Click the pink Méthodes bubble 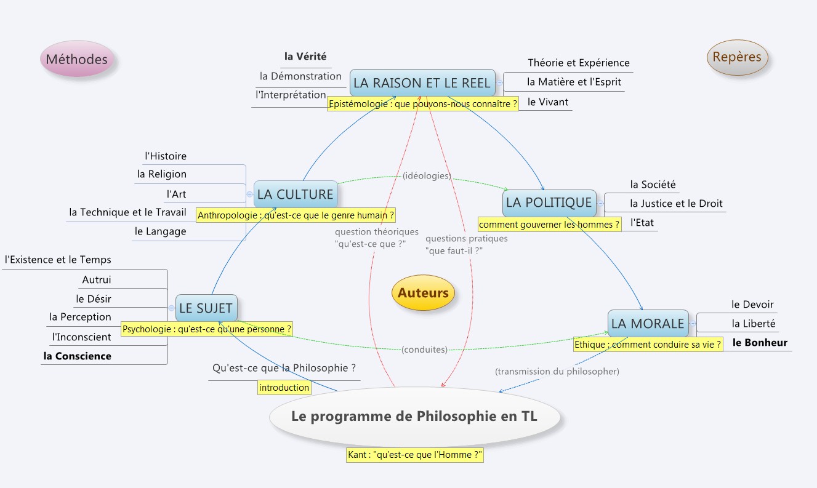pyautogui.click(x=77, y=60)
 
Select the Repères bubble pyautogui.click(x=737, y=57)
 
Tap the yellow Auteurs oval pyautogui.click(x=423, y=293)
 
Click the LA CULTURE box pyautogui.click(x=296, y=194)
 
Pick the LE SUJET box pyautogui.click(x=206, y=308)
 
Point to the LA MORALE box pyautogui.click(x=648, y=323)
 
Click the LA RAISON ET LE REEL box pyautogui.click(x=422, y=83)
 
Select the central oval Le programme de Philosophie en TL pyautogui.click(x=414, y=417)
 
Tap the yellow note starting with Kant pyautogui.click(x=414, y=455)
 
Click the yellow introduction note pyautogui.click(x=284, y=387)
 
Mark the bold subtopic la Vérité pyautogui.click(x=305, y=57)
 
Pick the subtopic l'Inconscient pyautogui.click(x=82, y=337)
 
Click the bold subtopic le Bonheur pyautogui.click(x=760, y=343)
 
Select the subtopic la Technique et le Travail pyautogui.click(x=127, y=212)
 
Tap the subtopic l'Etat pyautogui.click(x=642, y=222)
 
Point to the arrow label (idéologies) pyautogui.click(x=427, y=176)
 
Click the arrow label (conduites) pyautogui.click(x=424, y=350)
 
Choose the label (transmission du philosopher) pyautogui.click(x=557, y=372)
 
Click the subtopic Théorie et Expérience pyautogui.click(x=578, y=63)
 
